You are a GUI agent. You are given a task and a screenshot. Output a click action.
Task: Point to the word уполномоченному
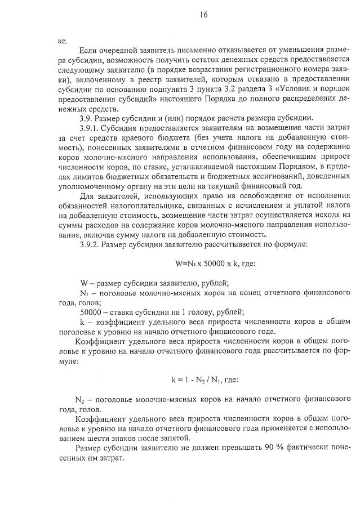(91, 184)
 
